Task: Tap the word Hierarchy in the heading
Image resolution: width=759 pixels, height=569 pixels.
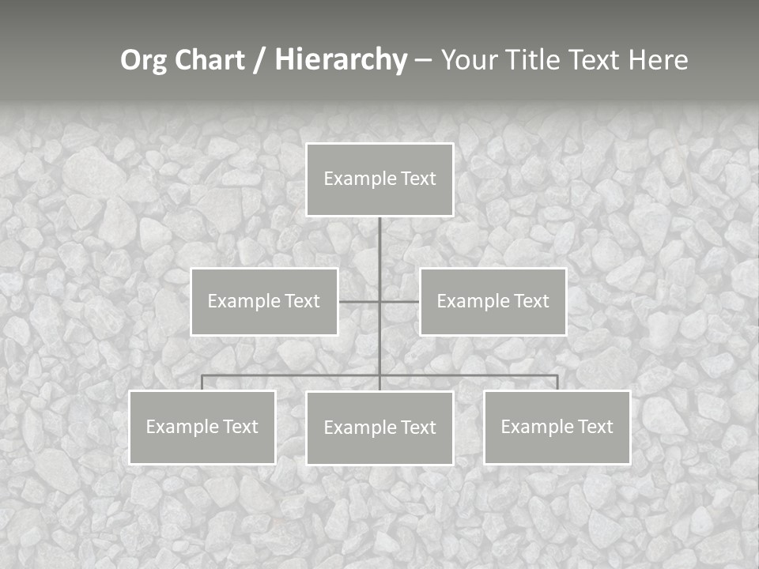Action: pos(341,61)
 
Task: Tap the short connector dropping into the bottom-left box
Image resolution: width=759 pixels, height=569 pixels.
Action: pos(202,382)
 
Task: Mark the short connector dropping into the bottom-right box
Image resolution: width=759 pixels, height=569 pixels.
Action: pos(557,382)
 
